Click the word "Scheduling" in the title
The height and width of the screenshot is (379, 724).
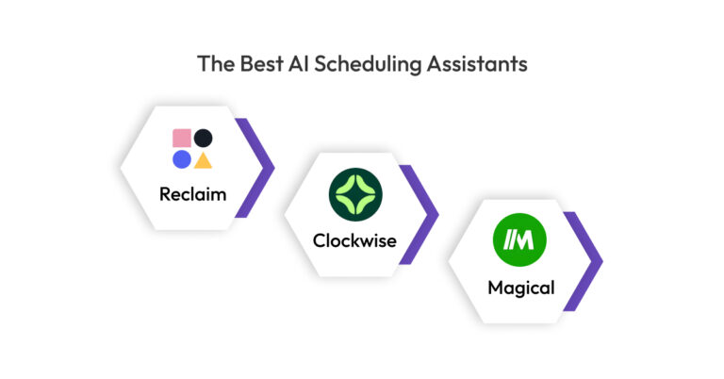(368, 64)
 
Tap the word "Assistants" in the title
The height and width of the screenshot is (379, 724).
(476, 64)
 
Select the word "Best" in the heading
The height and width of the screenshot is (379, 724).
(261, 64)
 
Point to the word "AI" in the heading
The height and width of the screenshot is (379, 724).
(298, 64)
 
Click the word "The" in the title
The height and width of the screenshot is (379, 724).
(216, 64)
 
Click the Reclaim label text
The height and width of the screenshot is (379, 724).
(193, 194)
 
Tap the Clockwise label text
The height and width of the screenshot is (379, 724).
(354, 241)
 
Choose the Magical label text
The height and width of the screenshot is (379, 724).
(520, 288)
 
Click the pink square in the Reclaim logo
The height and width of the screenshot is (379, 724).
(182, 138)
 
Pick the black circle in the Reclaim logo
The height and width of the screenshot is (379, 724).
(204, 138)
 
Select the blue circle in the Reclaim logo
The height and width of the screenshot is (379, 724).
(182, 159)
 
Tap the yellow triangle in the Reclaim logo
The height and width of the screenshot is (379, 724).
(204, 161)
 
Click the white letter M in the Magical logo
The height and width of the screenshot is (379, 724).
(524, 240)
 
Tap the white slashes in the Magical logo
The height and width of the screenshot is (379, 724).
(509, 240)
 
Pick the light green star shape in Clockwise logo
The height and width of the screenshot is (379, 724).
(355, 194)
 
